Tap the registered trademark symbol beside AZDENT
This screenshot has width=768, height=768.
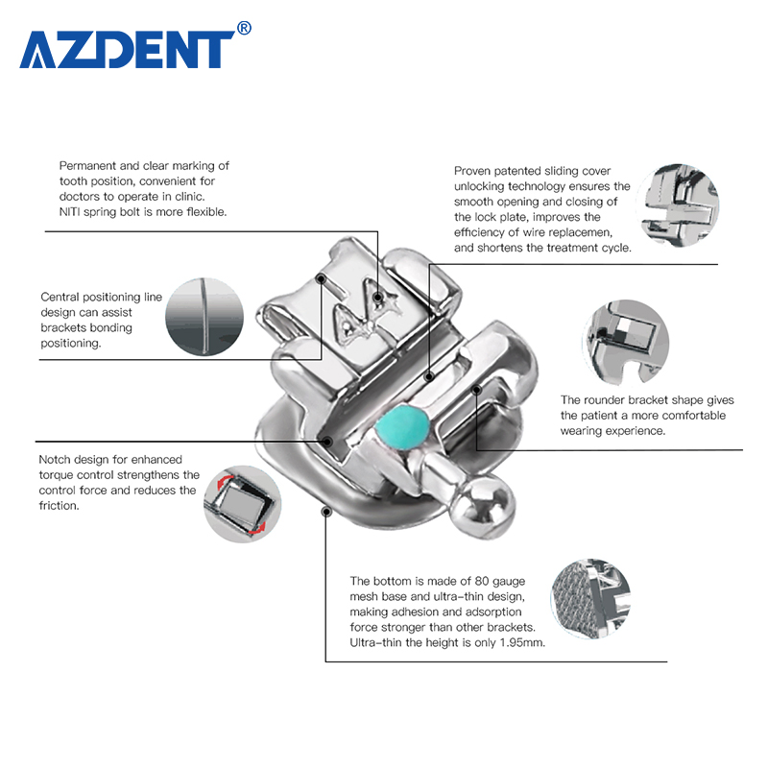click(x=244, y=29)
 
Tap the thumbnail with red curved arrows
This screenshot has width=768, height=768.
click(x=241, y=502)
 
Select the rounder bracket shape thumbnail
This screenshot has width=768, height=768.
click(x=624, y=341)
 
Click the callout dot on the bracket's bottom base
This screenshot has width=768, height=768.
click(x=326, y=512)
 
